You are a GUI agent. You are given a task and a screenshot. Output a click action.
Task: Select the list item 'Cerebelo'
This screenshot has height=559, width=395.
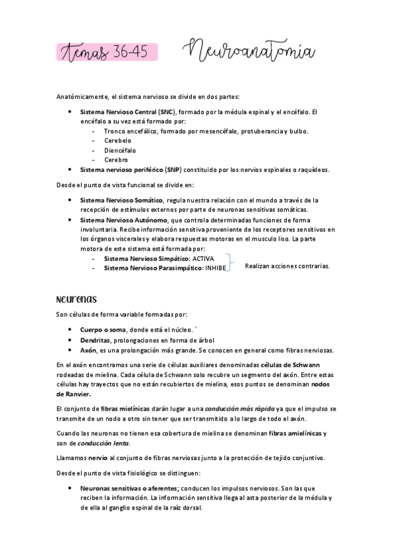117,140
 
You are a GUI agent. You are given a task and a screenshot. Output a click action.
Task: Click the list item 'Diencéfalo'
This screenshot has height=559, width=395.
119,150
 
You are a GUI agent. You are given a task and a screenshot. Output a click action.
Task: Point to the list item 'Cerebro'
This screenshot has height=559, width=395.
115,160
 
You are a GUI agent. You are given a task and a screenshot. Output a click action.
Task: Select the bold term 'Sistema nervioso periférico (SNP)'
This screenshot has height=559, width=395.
131,169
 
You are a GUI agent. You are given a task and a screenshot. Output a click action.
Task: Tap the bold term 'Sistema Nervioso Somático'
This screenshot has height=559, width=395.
121,200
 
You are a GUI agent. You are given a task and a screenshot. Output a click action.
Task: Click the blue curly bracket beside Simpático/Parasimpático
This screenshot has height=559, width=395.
229,263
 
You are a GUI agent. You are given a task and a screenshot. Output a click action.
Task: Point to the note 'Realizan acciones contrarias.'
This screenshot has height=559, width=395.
286,266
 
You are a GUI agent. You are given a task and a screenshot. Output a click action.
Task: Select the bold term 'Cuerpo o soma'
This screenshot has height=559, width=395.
102,330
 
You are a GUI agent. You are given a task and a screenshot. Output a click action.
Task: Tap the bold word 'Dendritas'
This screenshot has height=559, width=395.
95,339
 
